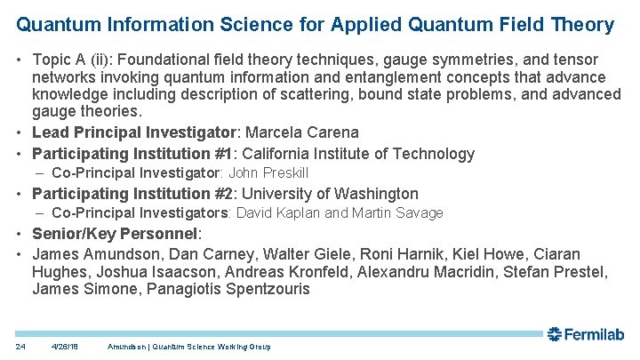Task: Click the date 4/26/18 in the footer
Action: click(66, 346)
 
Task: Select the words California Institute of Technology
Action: click(359, 153)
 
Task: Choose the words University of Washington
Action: click(330, 193)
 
